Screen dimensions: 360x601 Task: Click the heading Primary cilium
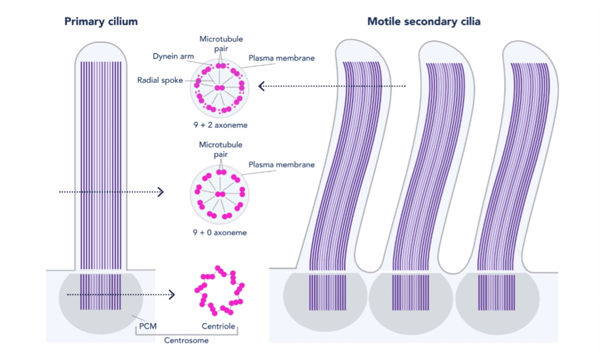[101, 22]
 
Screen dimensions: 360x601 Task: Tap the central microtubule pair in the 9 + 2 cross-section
[219, 88]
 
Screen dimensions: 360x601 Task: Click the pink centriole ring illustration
[219, 291]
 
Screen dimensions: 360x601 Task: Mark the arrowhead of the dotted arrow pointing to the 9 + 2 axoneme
[261, 86]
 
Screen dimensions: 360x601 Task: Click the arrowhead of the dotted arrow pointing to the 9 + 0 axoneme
[161, 191]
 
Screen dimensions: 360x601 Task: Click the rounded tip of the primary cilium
[101, 48]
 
